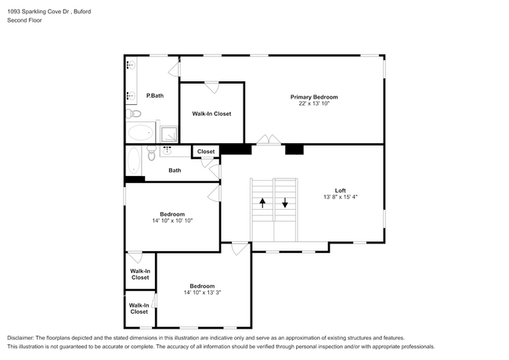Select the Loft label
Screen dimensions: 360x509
pos(340,191)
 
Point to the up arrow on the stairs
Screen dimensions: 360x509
pos(262,202)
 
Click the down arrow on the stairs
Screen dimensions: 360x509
pos(285,202)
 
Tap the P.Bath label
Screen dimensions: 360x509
pos(155,95)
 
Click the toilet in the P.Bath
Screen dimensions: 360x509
pos(134,114)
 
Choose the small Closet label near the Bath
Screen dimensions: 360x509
pos(206,152)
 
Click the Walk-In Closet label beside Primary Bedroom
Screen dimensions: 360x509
pos(211,113)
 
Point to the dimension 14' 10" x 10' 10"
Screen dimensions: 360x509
pos(171,221)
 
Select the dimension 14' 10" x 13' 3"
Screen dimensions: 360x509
pos(202,293)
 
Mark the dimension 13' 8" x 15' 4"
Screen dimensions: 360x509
pos(340,198)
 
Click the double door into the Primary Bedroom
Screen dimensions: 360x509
pos(268,141)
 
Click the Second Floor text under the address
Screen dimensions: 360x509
pos(24,20)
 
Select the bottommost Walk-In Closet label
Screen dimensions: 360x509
pos(139,308)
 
